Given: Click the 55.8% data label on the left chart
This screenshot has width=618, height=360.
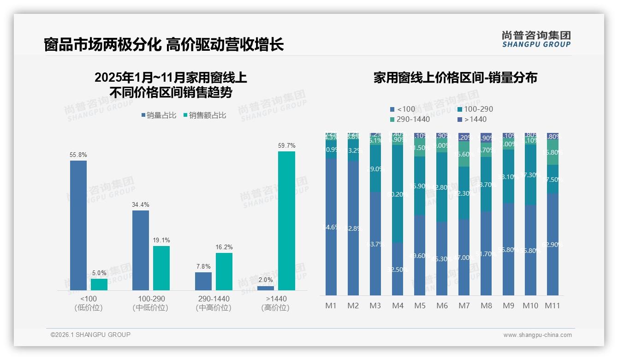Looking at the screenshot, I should coord(78,155).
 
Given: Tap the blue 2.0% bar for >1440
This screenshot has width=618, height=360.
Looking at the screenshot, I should coord(266,288).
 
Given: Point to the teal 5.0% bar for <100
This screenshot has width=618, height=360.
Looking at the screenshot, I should coord(99,284).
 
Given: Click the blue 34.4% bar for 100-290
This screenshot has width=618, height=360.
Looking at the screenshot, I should coord(141,250).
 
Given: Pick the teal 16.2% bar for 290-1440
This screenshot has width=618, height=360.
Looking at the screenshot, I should coord(224,271).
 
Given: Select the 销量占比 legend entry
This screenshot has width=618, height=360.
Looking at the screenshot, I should coord(159,115).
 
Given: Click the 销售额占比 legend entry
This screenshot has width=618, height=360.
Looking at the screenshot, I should coord(205,115).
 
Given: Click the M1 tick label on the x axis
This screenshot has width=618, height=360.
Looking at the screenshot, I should coord(331,306).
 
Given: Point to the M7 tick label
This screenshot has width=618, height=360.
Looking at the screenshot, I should coord(464,306).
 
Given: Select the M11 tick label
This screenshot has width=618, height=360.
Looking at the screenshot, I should coord(553,306).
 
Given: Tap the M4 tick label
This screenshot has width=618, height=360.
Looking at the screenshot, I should coord(398,306).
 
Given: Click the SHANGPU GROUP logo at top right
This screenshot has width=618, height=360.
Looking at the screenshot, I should coord(536,39).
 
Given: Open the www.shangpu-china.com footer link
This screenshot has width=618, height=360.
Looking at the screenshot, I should coord(537,335).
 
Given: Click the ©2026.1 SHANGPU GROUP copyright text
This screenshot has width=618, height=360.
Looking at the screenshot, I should coord(90,335).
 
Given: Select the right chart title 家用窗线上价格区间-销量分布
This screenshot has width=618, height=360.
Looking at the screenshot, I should coord(455,78).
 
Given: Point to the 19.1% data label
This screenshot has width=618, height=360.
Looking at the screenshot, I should coord(161,240).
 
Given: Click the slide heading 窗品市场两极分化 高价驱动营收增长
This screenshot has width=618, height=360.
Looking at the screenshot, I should coord(164,45).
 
